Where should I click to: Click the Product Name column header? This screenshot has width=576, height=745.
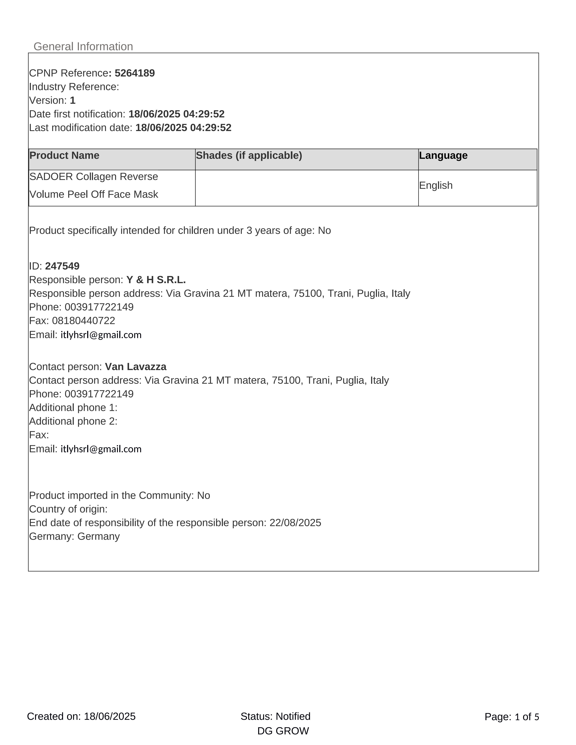pos(64,156)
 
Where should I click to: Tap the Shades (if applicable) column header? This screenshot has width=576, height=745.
pos(249,156)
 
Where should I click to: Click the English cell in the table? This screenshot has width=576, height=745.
pos(436,186)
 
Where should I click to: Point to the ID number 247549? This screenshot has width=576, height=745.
pos(62,266)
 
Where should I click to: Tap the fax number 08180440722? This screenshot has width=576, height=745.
pos(84,321)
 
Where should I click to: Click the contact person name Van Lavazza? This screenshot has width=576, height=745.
pos(136,367)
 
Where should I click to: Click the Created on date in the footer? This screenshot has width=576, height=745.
pos(81,716)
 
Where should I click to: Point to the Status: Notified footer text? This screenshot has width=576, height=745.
pos(275,716)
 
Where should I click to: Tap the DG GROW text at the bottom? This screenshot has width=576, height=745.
pos(283,731)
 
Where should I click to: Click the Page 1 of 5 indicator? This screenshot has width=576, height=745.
pos(512,717)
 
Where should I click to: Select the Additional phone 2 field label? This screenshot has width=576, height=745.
pos(73,421)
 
